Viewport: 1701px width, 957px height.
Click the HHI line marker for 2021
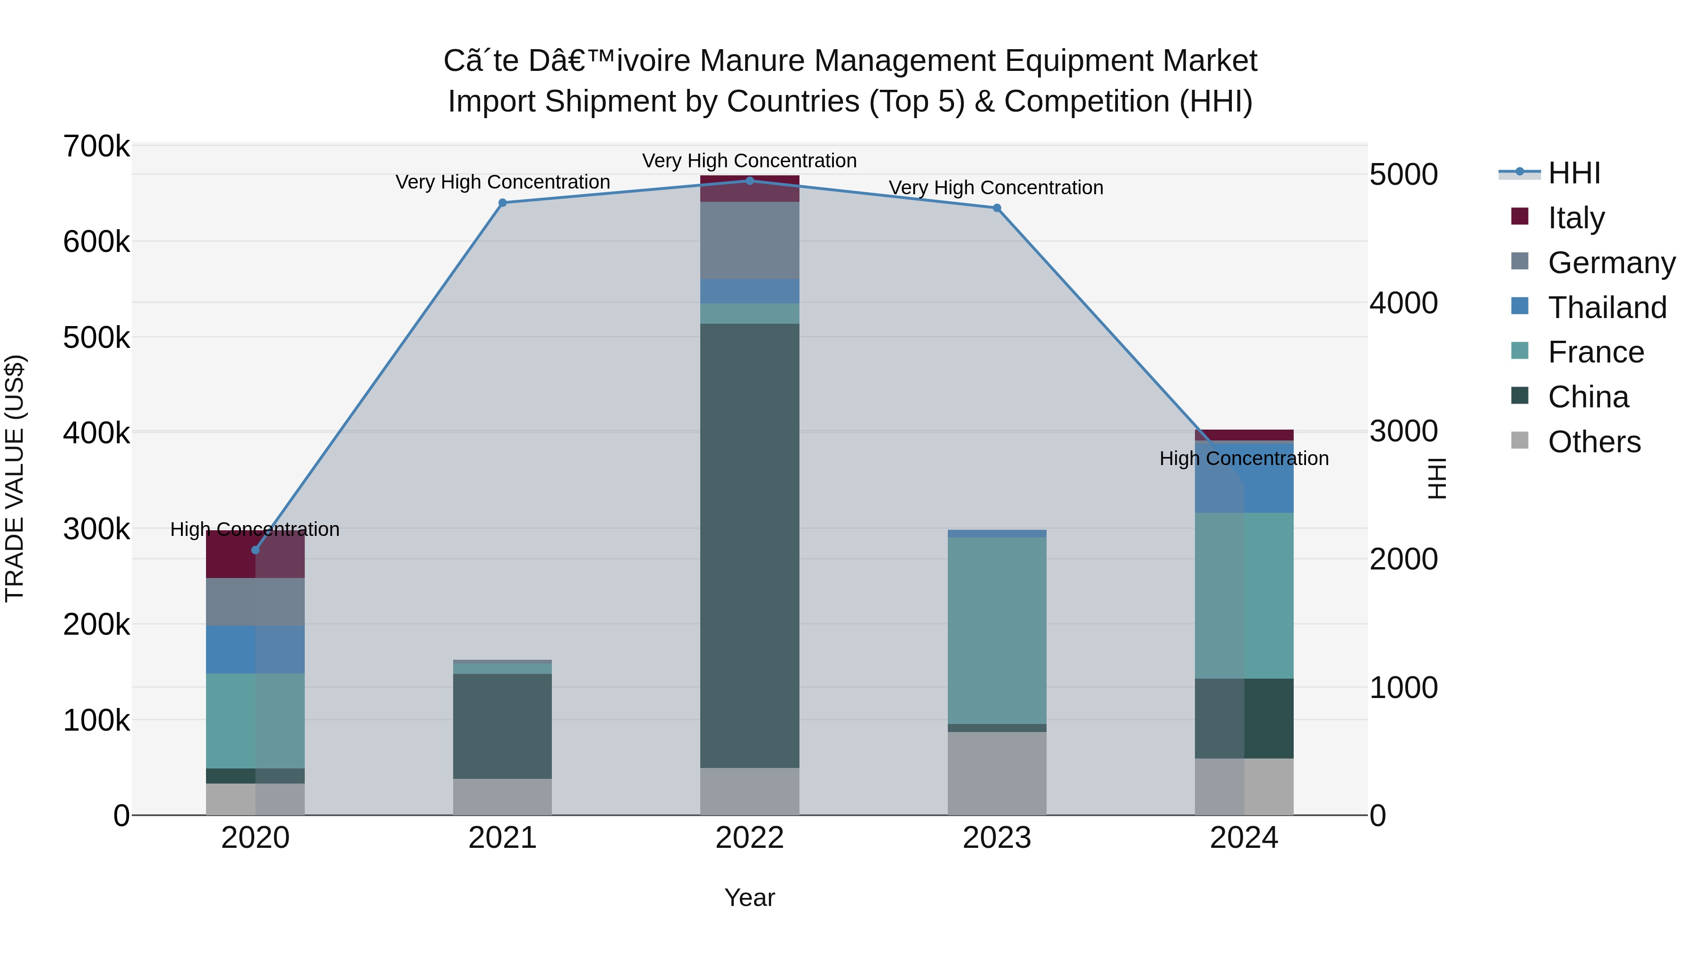click(x=503, y=203)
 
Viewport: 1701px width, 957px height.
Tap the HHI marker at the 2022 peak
click(x=749, y=181)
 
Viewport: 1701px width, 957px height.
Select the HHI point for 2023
click(x=997, y=208)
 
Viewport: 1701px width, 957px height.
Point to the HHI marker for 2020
click(x=256, y=550)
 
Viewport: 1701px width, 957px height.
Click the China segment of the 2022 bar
click(x=749, y=545)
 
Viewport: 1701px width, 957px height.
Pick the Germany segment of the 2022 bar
click(x=749, y=241)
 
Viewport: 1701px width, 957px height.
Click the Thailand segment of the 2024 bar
click(x=1244, y=477)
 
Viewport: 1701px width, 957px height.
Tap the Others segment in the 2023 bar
click(x=997, y=773)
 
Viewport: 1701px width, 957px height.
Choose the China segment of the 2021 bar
click(x=503, y=726)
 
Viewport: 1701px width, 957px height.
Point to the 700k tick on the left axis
click(x=96, y=146)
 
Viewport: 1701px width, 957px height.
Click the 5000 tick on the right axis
click(x=1403, y=174)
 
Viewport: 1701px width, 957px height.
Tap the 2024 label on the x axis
click(x=1244, y=837)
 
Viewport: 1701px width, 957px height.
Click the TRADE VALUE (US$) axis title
click(x=15, y=478)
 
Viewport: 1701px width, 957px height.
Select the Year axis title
click(x=749, y=897)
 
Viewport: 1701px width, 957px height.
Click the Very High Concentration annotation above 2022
click(x=749, y=161)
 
